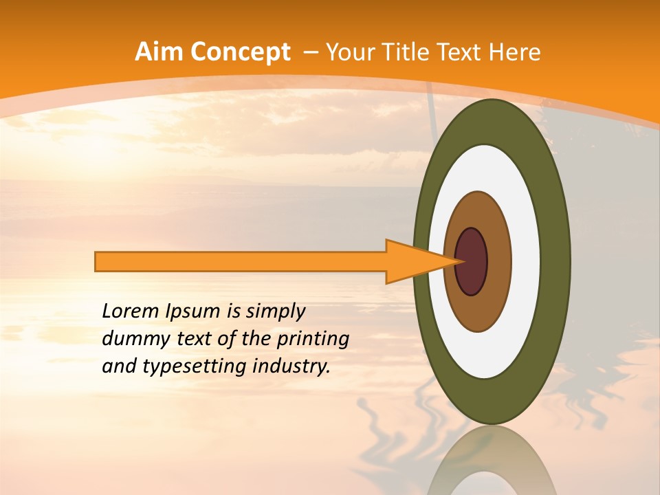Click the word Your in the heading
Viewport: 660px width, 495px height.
tap(353, 52)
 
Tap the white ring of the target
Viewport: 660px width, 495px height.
tap(526, 261)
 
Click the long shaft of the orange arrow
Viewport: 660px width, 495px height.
tap(241, 262)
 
